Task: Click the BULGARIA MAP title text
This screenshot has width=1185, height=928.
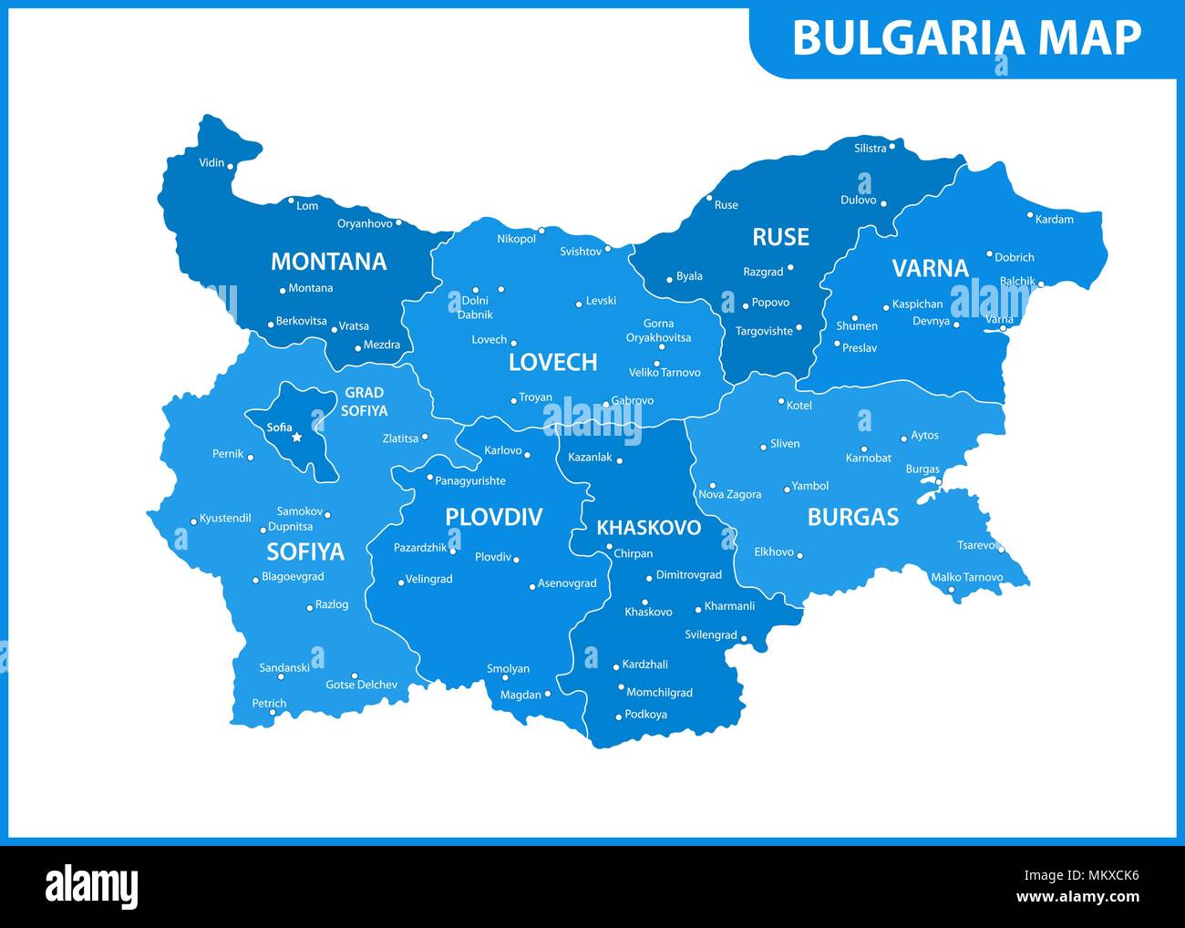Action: click(966, 38)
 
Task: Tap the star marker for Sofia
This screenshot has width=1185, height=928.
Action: click(296, 438)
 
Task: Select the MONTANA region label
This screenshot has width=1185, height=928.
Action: click(328, 262)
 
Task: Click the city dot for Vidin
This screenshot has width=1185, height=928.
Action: click(231, 166)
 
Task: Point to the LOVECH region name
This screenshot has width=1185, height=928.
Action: click(552, 362)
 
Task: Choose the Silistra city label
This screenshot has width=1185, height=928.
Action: click(870, 148)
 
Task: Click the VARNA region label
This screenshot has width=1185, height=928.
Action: click(930, 268)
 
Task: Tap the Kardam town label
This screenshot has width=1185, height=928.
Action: click(1055, 220)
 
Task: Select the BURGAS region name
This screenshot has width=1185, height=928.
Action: click(853, 517)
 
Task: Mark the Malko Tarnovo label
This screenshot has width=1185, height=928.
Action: click(966, 577)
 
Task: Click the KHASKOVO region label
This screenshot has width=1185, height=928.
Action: click(648, 528)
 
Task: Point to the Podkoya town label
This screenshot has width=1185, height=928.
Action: click(645, 715)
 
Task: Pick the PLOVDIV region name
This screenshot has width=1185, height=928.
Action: click(493, 517)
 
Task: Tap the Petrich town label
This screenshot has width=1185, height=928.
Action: click(269, 704)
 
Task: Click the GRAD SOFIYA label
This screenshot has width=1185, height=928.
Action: click(365, 402)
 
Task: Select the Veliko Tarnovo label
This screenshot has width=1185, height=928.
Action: click(665, 373)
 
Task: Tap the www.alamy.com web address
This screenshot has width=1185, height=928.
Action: click(1077, 897)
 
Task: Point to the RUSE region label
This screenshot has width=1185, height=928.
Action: click(780, 237)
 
